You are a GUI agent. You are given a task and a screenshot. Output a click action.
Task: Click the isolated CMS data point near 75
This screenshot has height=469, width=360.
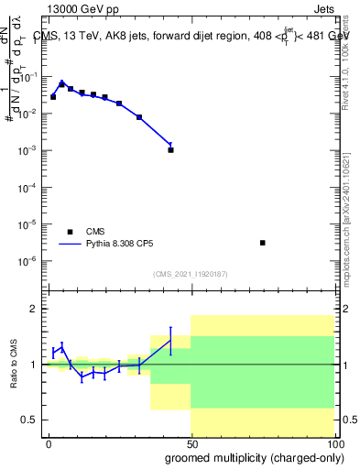[x=263, y=243]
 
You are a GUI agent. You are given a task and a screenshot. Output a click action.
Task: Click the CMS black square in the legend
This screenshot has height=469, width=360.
[x=69, y=232]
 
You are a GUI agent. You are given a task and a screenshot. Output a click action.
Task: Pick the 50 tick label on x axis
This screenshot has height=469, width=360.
[x=191, y=443]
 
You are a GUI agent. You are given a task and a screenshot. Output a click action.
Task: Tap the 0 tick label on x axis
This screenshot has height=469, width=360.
[x=49, y=443]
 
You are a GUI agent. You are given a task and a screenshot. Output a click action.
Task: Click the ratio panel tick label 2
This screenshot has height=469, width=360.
[x=37, y=309]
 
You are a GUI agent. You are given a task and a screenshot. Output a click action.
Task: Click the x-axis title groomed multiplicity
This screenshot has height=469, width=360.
[x=249, y=457]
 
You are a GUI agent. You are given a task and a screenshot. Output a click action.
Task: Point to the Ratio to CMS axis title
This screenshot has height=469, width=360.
[x=14, y=364]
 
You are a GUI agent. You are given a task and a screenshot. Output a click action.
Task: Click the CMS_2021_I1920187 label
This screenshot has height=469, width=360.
[x=191, y=274]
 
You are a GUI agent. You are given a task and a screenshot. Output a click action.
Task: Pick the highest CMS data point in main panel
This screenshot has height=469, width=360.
[x=61, y=83]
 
